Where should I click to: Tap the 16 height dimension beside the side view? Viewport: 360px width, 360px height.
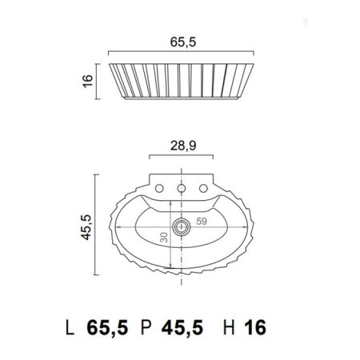pyautogui.click(x=88, y=80)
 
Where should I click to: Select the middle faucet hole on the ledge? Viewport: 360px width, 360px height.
pyautogui.click(x=183, y=187)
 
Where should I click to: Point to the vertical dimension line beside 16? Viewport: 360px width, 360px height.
pyautogui.click(x=98, y=80)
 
